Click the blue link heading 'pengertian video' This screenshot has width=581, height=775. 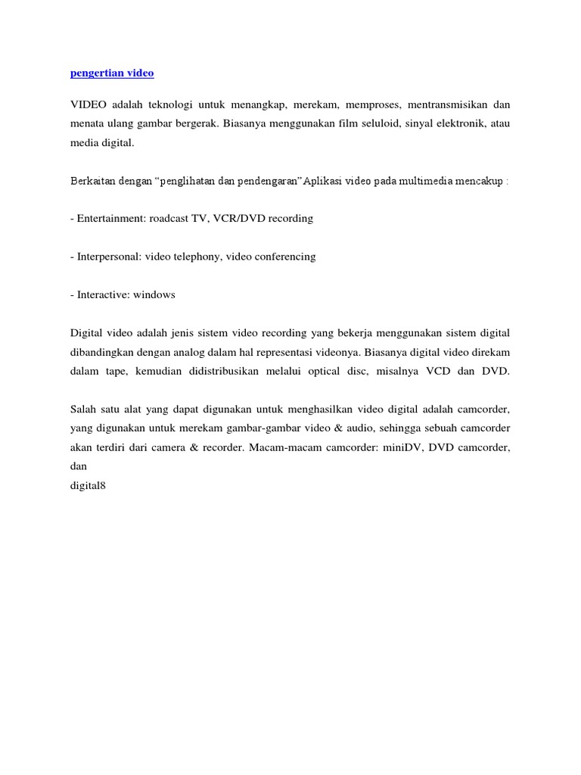click(111, 73)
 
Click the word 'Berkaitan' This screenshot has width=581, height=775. click(92, 182)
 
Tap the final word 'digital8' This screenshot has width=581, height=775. click(88, 486)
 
